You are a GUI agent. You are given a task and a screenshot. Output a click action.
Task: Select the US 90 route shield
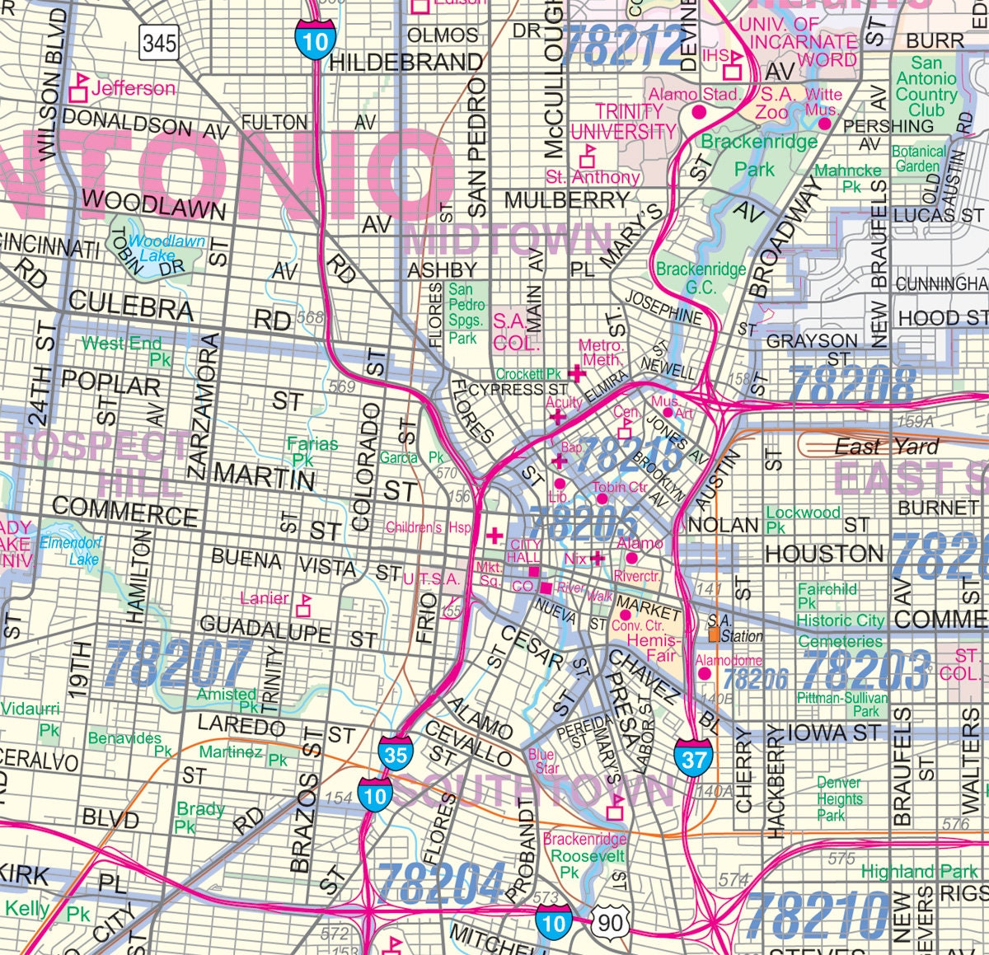(x=610, y=922)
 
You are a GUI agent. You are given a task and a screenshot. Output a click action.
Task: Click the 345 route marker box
(x=159, y=43)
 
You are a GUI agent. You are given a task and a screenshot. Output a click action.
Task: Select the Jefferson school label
(x=133, y=87)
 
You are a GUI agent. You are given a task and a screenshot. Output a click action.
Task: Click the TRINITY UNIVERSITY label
(x=623, y=121)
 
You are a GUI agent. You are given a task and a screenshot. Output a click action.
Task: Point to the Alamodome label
(x=729, y=661)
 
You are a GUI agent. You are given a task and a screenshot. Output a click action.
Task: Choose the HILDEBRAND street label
(x=405, y=62)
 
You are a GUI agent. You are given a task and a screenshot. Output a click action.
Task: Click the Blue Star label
(x=543, y=761)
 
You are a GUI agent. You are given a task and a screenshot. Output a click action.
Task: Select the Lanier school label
(x=265, y=598)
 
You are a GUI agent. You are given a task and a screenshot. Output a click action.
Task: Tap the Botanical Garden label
(x=918, y=158)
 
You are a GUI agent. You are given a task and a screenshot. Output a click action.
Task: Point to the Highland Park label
(x=919, y=871)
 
